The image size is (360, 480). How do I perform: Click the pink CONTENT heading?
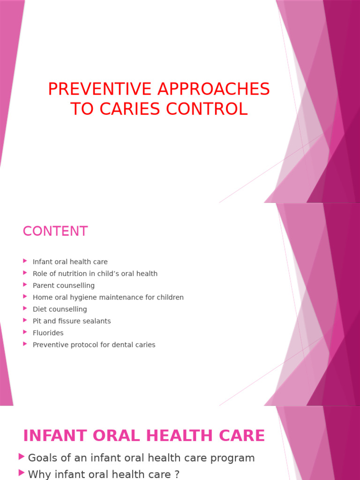coord(55,231)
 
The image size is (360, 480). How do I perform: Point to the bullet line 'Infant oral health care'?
coord(70,262)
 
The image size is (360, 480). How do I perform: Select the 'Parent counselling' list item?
coord(63,285)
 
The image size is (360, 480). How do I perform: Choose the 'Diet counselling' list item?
coord(60,309)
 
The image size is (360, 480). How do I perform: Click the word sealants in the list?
coord(96,321)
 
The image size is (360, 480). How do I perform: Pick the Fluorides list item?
coord(48,333)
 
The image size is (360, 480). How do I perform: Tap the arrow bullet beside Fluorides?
coord(25,332)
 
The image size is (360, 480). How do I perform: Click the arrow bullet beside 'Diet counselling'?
coord(25,308)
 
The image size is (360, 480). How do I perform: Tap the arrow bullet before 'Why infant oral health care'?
coord(22,473)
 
